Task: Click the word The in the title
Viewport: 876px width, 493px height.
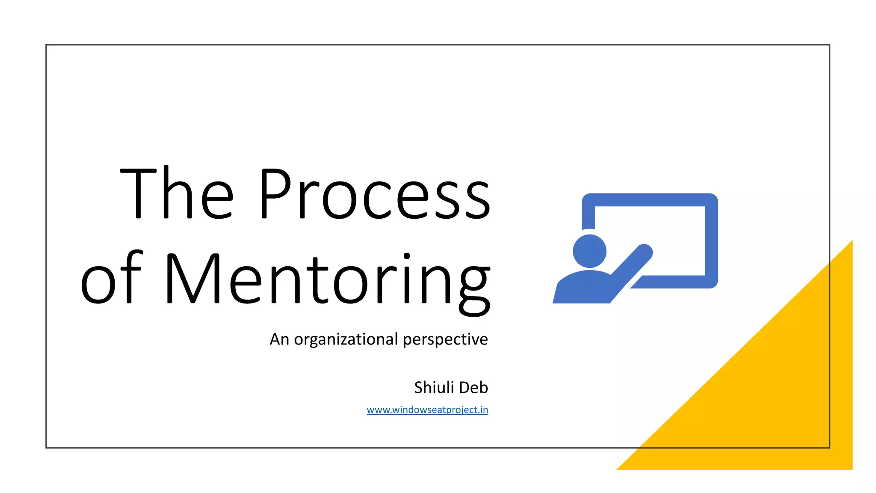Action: (177, 193)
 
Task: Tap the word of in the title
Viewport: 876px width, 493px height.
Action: (111, 278)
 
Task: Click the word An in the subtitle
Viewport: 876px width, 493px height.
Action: (279, 339)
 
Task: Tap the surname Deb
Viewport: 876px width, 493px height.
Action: (475, 387)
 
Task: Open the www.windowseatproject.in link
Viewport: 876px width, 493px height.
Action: (427, 410)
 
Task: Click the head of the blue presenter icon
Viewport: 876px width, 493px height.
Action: (589, 251)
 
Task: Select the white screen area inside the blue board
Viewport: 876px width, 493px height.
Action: (676, 231)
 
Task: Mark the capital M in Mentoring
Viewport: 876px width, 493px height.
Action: (192, 279)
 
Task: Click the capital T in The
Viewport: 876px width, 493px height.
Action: (138, 193)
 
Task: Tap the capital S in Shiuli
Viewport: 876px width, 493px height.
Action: (419, 387)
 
